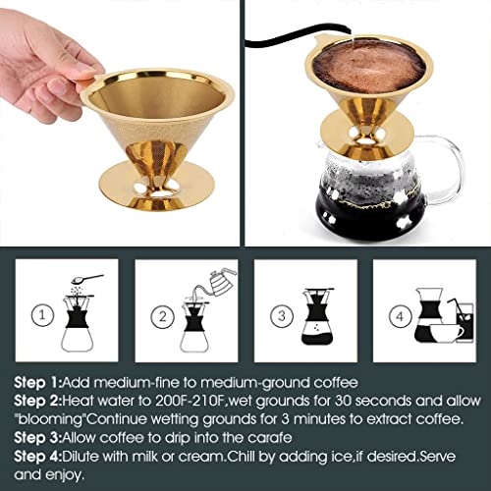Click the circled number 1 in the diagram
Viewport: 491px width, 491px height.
[x=42, y=315]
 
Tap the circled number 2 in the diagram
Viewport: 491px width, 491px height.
[x=162, y=316]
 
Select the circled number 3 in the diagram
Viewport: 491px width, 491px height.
[x=282, y=316]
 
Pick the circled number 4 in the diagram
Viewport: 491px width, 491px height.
[x=401, y=316]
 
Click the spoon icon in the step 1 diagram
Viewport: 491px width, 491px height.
[x=87, y=279]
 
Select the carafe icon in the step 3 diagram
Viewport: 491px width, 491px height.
[x=317, y=316]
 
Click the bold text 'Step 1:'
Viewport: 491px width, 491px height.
[x=37, y=383]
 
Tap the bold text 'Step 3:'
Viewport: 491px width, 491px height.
[x=37, y=438]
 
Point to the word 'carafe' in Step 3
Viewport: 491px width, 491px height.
[x=270, y=438]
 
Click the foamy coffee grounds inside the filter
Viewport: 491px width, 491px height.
[x=369, y=66]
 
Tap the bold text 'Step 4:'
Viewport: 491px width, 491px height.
[x=37, y=456]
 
